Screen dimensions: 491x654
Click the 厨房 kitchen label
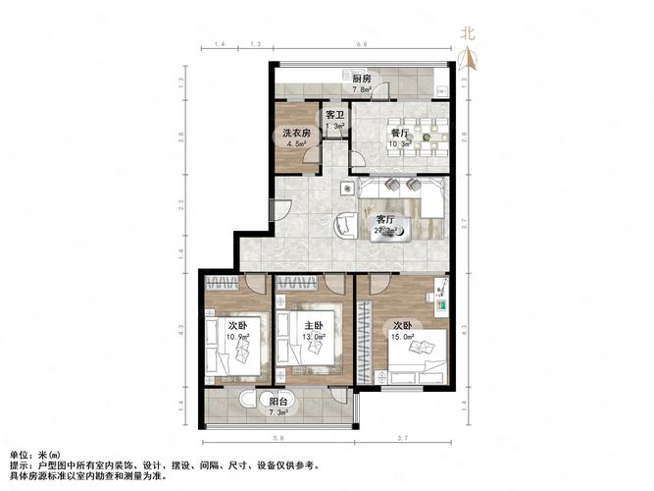coord(362,79)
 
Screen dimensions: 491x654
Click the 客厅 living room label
coord(386,219)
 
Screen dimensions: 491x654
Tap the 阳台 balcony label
coord(278,401)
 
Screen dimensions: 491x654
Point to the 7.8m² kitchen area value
coord(362,89)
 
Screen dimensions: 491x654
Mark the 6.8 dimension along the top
coord(362,45)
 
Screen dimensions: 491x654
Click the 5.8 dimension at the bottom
coord(278,438)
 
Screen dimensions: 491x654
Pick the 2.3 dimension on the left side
coord(183,205)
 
